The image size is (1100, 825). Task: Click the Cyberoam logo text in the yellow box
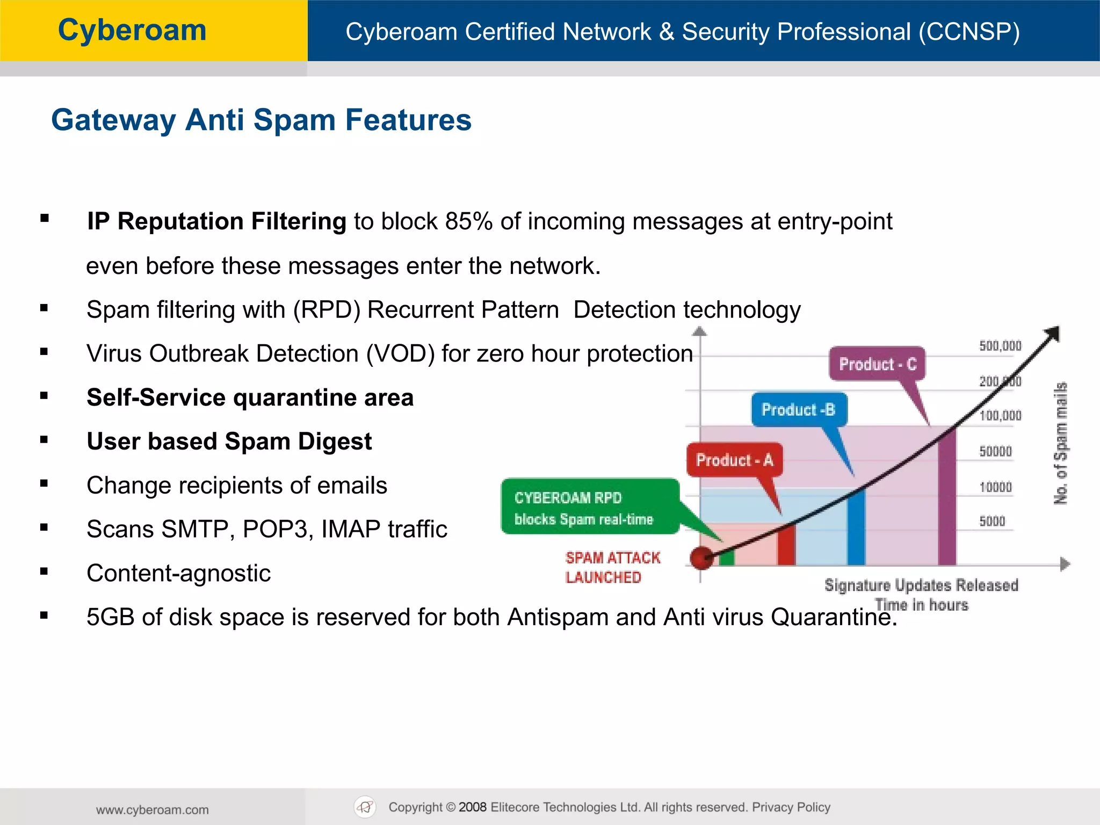pos(132,31)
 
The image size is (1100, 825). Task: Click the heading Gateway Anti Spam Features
pos(261,120)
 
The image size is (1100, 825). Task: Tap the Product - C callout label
pos(877,364)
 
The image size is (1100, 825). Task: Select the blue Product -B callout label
pos(799,410)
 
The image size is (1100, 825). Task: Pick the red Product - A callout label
pos(734,460)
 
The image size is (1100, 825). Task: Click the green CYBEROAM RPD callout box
pos(589,507)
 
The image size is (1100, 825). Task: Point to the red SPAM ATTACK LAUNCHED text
pos(612,567)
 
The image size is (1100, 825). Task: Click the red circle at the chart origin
pos(701,558)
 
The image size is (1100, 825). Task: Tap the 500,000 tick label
pos(1000,346)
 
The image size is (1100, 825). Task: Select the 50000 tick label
pos(995,451)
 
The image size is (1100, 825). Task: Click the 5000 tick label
pos(992,521)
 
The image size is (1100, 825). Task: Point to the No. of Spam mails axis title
pos(1061,443)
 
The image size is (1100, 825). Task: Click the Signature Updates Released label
pos(921,585)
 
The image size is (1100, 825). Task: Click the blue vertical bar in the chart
pos(856,526)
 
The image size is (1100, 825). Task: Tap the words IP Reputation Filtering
pos(216,221)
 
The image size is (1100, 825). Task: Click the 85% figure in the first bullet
pos(468,221)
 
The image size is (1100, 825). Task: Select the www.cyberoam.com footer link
pos(153,809)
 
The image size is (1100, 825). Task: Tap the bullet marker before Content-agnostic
pos(44,572)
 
